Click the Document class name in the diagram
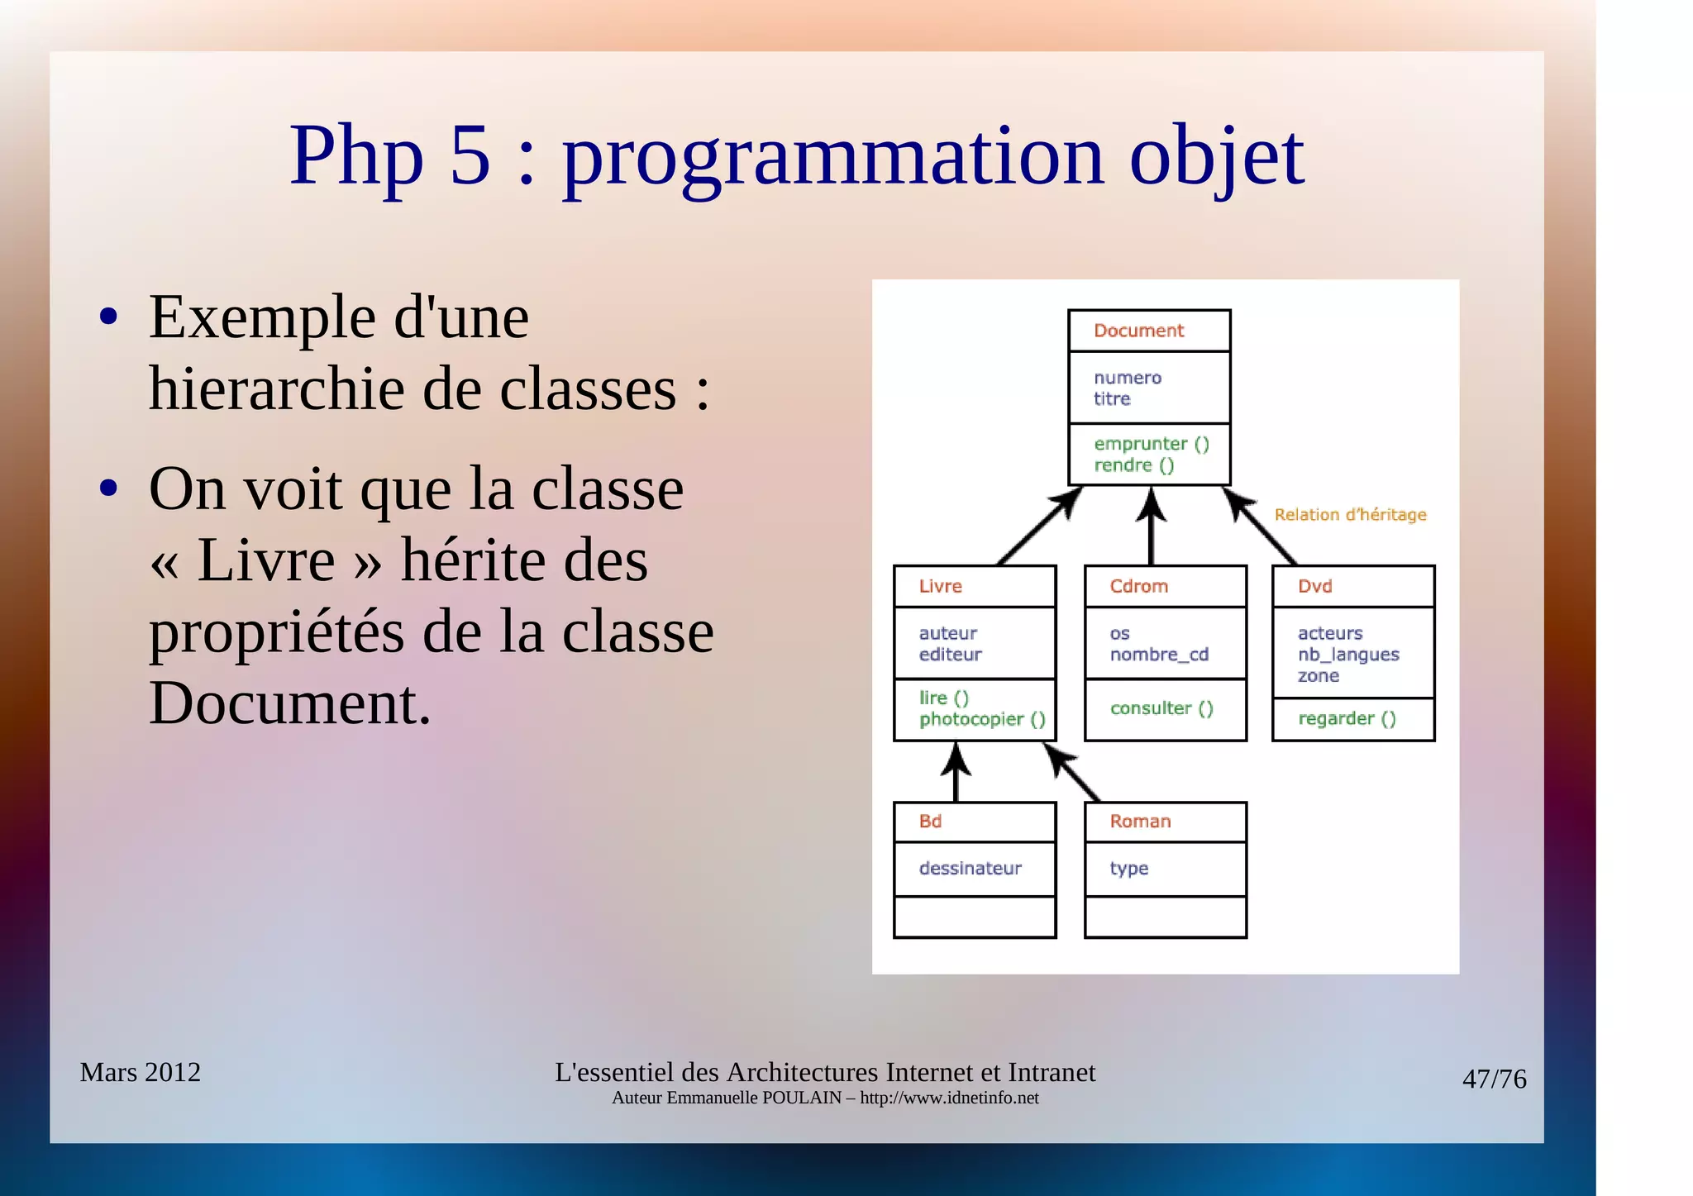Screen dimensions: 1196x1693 point(1138,331)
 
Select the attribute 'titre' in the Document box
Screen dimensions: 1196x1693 point(1111,399)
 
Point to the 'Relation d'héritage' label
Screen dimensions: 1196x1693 point(1350,515)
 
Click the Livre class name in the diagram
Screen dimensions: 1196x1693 point(940,586)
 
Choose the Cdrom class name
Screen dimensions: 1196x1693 point(1138,586)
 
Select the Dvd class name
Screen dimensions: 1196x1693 point(1314,586)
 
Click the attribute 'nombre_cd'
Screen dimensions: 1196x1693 point(1159,655)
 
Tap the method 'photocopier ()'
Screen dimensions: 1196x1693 point(982,719)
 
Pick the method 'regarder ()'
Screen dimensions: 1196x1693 point(1347,718)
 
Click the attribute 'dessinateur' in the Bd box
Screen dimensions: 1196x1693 point(970,868)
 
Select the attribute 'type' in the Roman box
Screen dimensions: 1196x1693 point(1128,868)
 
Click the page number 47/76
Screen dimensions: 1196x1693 point(1494,1079)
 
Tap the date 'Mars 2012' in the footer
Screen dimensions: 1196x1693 point(141,1072)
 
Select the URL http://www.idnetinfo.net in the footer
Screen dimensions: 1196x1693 point(949,1098)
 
